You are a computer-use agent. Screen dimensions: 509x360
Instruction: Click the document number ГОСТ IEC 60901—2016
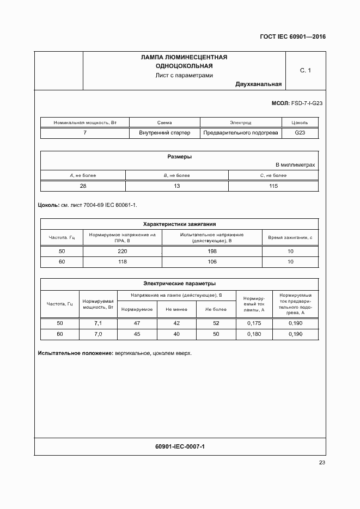tap(292, 36)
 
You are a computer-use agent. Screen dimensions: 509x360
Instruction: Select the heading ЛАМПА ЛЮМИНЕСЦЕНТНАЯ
tap(184, 57)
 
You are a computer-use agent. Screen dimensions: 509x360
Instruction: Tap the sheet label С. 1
tap(306, 70)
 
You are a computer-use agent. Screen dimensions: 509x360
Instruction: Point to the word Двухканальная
tap(259, 84)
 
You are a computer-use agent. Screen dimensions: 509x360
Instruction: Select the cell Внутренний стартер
tap(165, 132)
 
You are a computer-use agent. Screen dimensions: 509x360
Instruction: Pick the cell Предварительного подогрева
tap(240, 132)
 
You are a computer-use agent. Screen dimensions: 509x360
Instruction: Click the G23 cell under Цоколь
tap(300, 132)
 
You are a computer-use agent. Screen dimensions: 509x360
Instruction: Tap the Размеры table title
tap(179, 157)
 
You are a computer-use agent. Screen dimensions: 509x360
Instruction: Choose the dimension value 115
tap(273, 186)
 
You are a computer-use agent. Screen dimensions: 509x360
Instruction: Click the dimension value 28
tap(83, 186)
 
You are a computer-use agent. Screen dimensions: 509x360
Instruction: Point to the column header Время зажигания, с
tap(290, 237)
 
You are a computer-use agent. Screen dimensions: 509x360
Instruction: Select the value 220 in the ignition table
tap(122, 251)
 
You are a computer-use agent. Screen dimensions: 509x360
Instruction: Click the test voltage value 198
tap(212, 251)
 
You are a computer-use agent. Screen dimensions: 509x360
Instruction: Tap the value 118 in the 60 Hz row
tap(122, 262)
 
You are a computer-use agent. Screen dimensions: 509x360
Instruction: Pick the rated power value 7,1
tap(98, 323)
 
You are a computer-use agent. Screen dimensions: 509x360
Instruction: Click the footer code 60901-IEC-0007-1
tap(179, 446)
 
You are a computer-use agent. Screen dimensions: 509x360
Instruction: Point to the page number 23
tap(322, 463)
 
